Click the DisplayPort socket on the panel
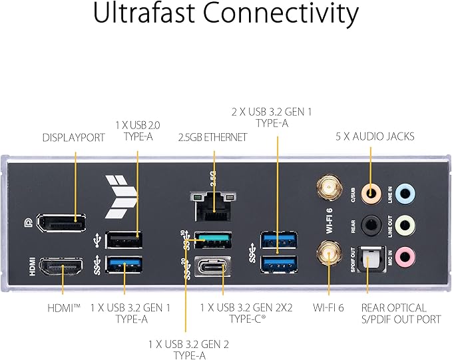61,225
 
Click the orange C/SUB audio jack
370,194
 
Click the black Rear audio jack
370,225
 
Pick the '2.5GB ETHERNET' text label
213,137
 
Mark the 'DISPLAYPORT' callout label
73,138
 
